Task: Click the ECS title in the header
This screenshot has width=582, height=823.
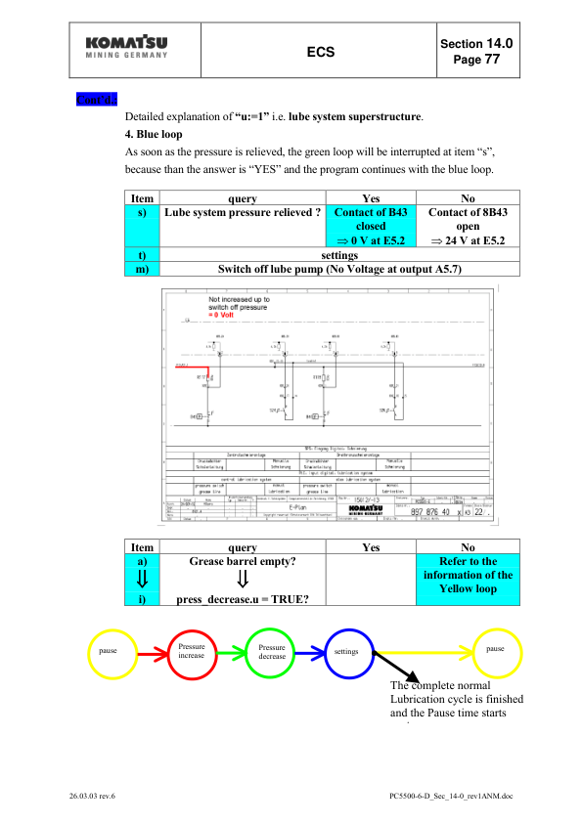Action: point(322,53)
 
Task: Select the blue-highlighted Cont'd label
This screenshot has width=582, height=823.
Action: point(96,99)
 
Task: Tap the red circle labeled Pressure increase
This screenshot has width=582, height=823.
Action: point(191,652)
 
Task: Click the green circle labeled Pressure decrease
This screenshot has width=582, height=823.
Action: point(271,652)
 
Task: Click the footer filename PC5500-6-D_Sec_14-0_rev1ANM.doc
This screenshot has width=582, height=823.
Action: point(450,797)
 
